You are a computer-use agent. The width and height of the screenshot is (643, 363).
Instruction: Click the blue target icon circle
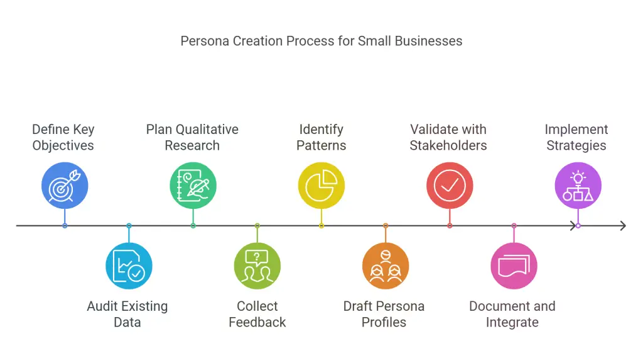[x=65, y=186]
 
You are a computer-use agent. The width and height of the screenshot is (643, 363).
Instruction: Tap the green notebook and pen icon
[x=193, y=186]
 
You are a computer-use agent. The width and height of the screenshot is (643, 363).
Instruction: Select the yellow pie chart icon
[x=321, y=186]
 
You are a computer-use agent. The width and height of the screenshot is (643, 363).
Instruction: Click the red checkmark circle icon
[x=450, y=186]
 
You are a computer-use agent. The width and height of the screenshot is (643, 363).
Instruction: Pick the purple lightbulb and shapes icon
[x=578, y=186]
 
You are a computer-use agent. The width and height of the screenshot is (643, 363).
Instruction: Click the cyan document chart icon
[x=129, y=266]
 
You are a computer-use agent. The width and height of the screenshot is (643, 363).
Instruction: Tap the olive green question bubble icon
[x=257, y=266]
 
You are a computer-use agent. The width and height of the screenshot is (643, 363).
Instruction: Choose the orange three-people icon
[x=386, y=266]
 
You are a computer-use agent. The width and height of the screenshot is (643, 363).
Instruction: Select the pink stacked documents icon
[x=514, y=266]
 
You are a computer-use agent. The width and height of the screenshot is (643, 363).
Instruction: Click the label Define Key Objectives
[x=63, y=137]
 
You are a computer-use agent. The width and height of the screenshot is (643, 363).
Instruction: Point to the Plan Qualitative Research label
[x=192, y=137]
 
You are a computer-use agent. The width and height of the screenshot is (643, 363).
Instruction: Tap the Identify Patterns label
[x=321, y=137]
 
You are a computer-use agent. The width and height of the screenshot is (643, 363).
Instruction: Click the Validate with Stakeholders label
[x=448, y=137]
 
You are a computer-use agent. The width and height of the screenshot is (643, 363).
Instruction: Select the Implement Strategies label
[x=576, y=137]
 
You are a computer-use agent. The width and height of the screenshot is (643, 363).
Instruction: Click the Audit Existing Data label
[x=127, y=314]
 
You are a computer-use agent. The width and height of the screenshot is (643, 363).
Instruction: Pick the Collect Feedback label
[x=257, y=314]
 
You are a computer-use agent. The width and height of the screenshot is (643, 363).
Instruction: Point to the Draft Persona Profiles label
[x=384, y=314]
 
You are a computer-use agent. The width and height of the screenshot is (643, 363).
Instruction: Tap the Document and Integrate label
[x=512, y=314]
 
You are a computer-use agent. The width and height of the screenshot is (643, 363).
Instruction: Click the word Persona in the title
[x=205, y=41]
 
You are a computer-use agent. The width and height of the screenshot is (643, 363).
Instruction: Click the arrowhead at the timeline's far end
[x=624, y=225]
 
